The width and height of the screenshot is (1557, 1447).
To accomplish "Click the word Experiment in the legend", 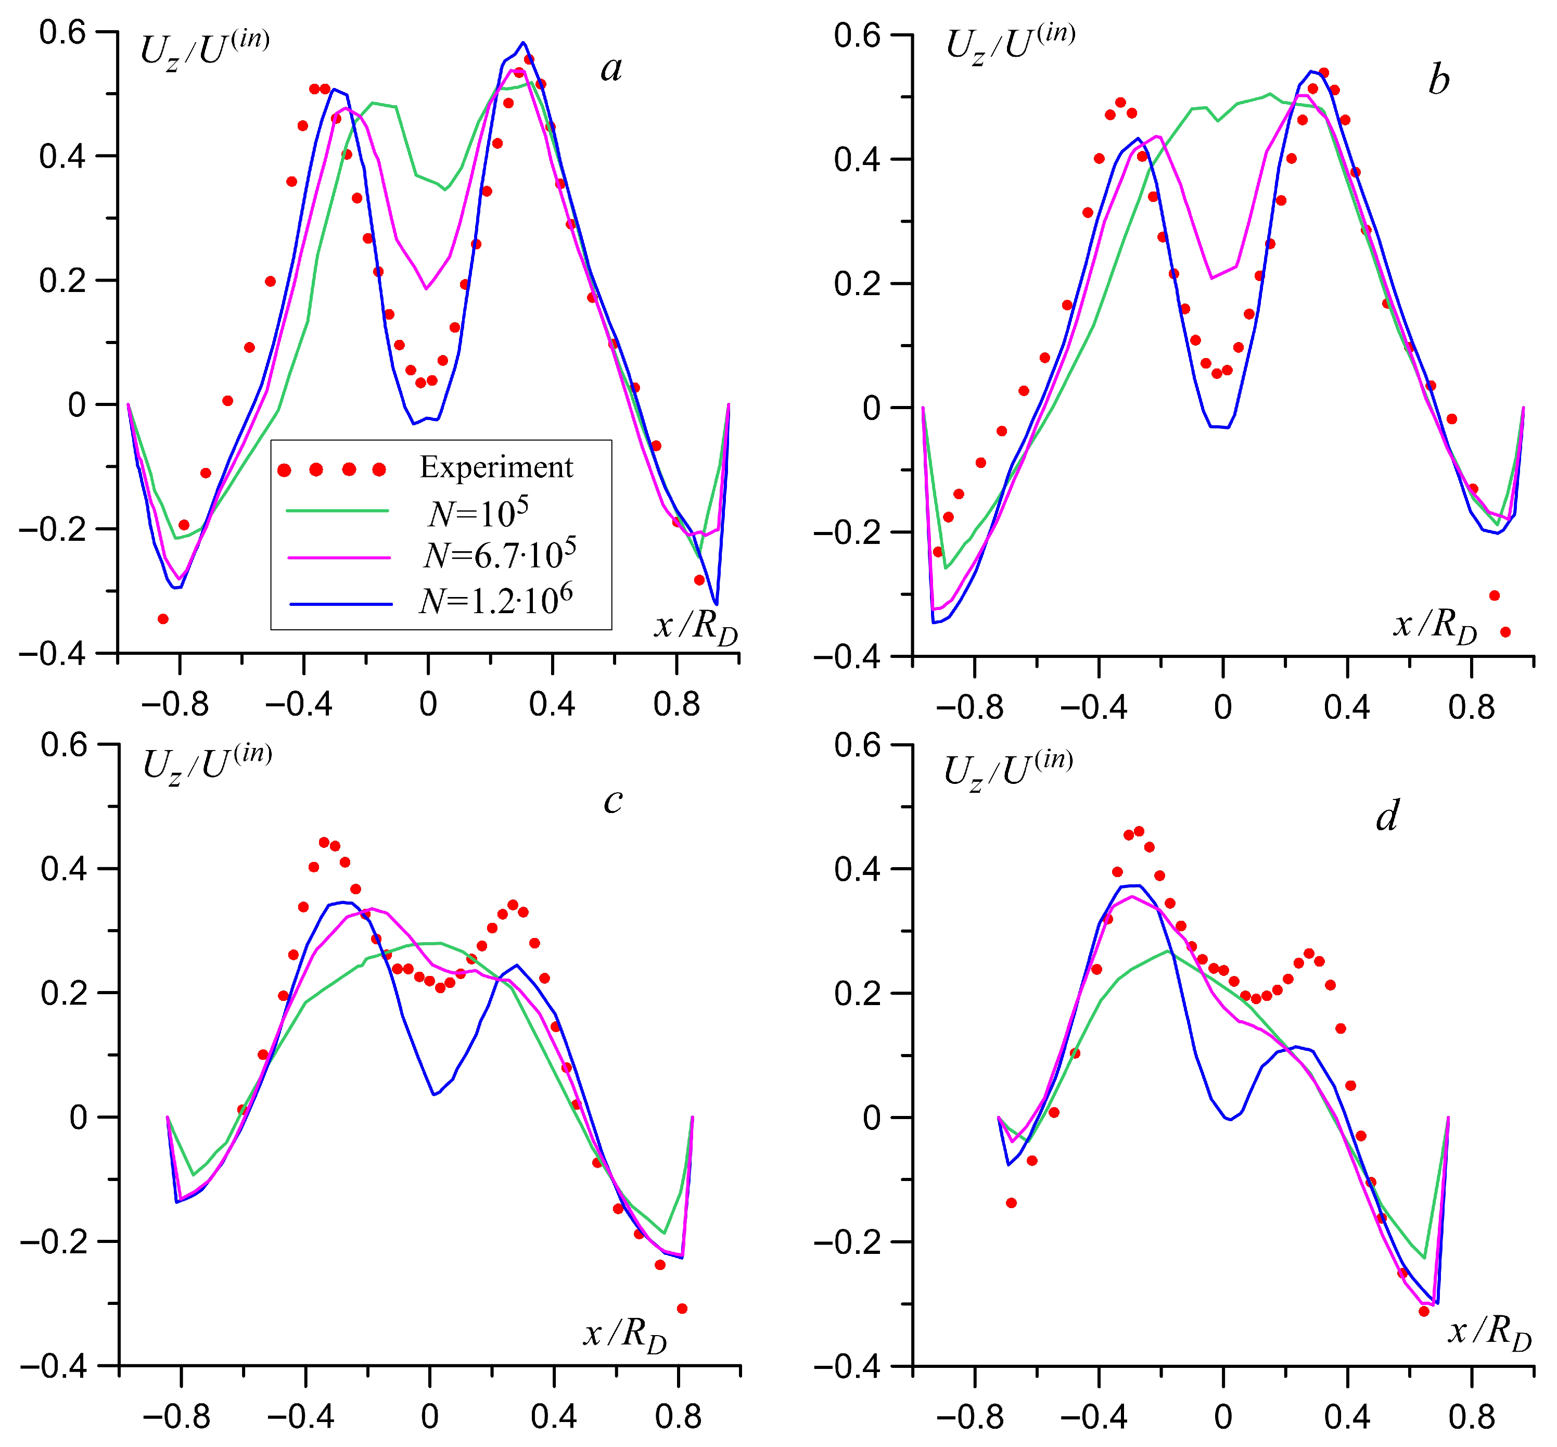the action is [496, 467].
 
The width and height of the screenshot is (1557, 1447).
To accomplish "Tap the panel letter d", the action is [1387, 816].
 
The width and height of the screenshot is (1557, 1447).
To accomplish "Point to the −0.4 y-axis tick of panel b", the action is [846, 656].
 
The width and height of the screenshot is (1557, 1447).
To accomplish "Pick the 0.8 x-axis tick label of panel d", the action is [1472, 1416].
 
